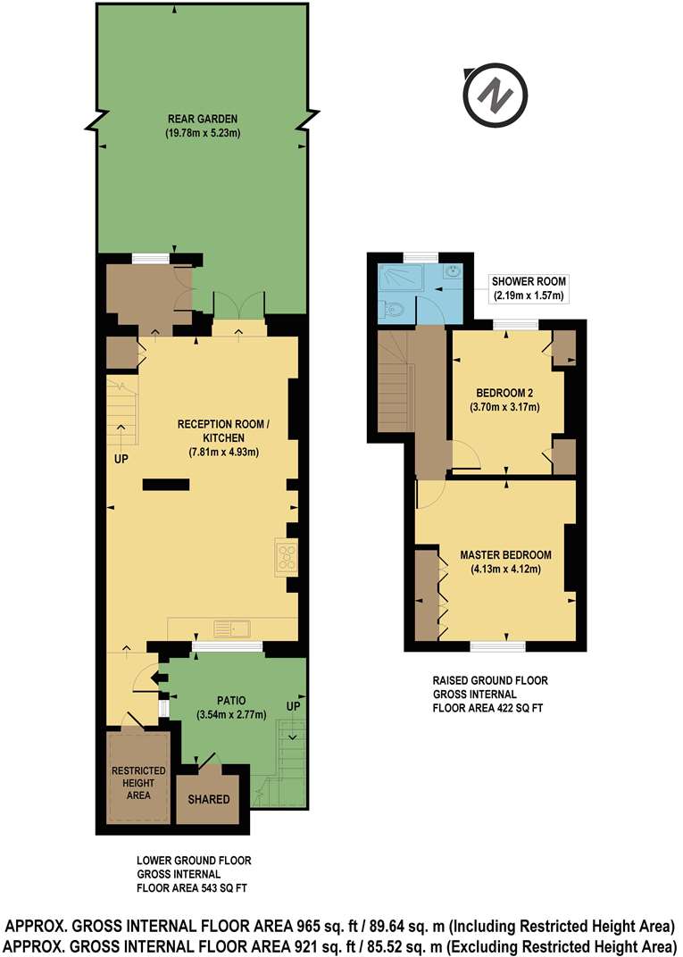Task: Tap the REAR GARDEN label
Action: (205, 118)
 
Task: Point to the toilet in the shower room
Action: (394, 310)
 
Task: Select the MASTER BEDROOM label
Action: (505, 554)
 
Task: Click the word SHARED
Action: (208, 799)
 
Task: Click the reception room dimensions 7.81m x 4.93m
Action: (223, 452)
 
